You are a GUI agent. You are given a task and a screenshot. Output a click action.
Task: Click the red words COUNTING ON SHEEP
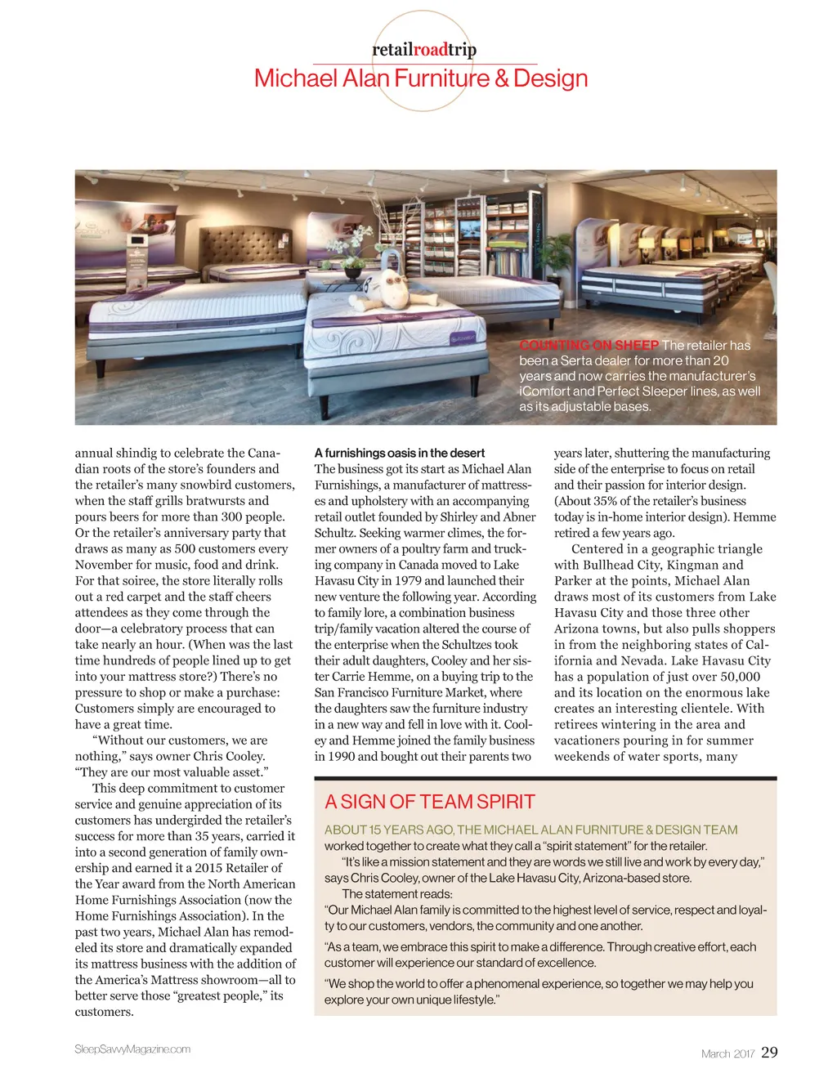[589, 346]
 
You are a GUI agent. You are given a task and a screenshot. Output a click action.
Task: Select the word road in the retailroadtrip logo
[430, 50]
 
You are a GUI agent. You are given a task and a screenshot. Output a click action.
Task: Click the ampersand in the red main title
[501, 78]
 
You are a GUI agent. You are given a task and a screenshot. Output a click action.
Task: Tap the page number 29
[769, 1053]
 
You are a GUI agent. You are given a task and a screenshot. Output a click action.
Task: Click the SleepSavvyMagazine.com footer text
[132, 1049]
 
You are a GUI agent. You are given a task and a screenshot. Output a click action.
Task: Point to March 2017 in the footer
[727, 1053]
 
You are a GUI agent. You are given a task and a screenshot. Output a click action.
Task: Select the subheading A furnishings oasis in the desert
[400, 453]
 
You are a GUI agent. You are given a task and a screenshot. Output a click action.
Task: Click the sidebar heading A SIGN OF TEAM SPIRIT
[429, 802]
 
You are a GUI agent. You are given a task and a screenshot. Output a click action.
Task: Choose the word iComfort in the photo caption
[544, 391]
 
